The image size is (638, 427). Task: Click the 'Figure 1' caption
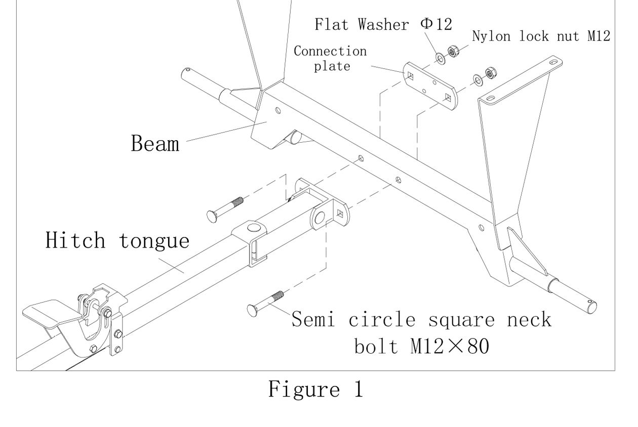(315, 389)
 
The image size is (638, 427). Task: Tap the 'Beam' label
(155, 144)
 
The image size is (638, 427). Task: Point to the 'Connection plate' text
(331, 58)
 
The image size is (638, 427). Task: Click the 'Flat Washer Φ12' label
(383, 24)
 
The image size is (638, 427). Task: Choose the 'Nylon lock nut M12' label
(541, 36)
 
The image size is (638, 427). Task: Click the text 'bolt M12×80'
(421, 347)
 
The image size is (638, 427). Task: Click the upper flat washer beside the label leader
(441, 59)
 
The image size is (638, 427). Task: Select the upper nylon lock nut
(453, 51)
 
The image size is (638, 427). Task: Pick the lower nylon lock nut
(489, 72)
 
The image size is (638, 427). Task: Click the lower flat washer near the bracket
(477, 79)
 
